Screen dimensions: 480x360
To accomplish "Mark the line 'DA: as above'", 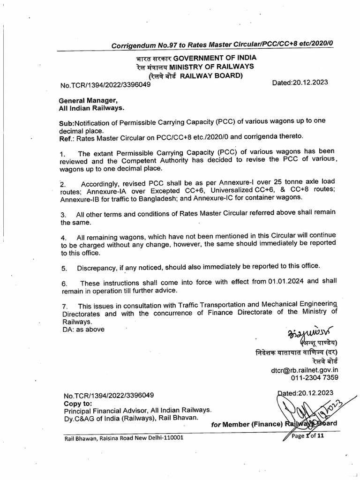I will click(x=83, y=330).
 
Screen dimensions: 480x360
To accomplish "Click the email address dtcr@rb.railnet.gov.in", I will click(x=304, y=369).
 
